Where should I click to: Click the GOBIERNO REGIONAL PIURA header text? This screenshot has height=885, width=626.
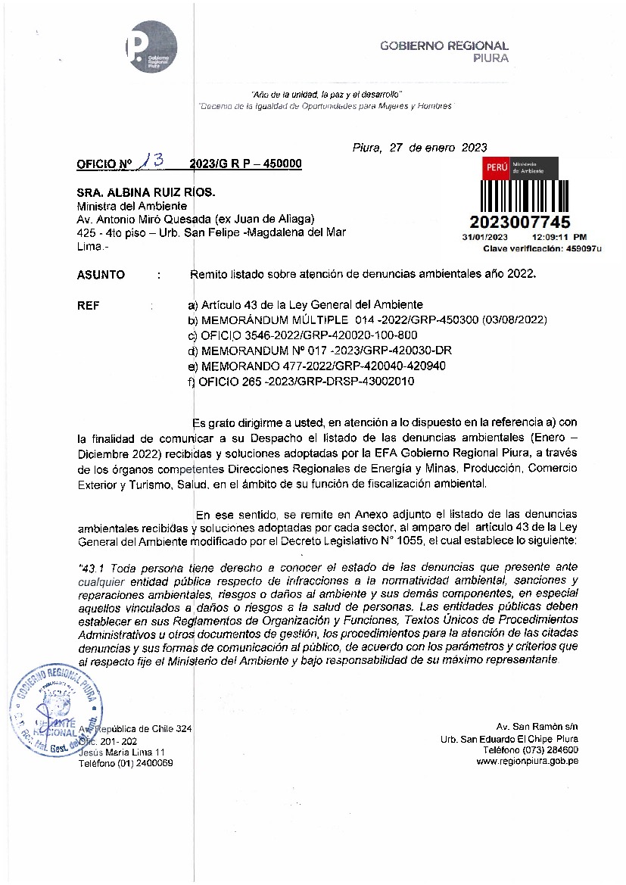point(444,51)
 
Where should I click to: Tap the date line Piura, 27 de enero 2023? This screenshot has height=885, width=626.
point(419,148)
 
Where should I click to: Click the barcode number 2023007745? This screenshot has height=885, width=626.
point(520,222)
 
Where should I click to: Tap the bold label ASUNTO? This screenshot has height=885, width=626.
point(101,275)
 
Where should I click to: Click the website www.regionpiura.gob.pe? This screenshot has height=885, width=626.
point(528,762)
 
